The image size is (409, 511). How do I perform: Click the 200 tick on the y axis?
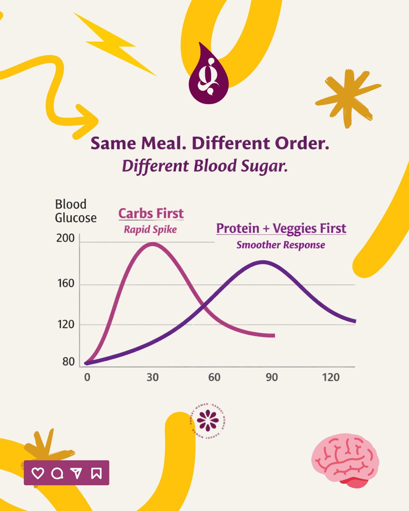(66, 238)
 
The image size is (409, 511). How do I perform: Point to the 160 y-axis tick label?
(66, 284)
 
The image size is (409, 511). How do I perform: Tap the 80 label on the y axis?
(69, 362)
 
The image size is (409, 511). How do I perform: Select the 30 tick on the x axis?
(153, 377)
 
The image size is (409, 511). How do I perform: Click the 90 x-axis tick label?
(272, 377)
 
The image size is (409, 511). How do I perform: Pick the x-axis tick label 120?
(331, 377)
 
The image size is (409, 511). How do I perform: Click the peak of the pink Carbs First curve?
(152, 244)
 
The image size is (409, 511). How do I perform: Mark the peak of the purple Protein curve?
(263, 262)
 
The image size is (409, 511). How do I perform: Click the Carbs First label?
(151, 213)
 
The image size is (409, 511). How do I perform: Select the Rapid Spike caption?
(150, 229)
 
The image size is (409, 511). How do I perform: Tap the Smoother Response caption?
(281, 245)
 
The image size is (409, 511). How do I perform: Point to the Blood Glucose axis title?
(75, 211)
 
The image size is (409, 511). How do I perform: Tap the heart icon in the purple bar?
(37, 473)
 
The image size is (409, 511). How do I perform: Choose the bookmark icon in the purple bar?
(96, 473)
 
